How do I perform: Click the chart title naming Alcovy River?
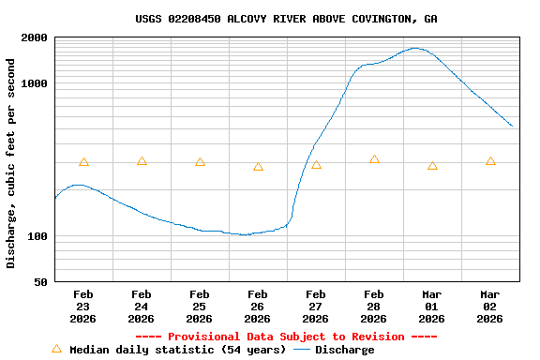286,19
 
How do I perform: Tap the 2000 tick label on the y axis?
35,37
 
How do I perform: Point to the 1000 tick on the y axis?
35,83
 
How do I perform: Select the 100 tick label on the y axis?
38,236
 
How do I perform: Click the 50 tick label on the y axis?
41,282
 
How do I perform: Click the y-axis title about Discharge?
11,163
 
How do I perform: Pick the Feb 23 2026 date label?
83,306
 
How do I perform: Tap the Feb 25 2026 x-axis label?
200,306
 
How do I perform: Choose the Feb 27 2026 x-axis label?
316,306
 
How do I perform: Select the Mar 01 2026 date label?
432,306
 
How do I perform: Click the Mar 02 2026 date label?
490,306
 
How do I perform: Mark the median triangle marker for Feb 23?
83,162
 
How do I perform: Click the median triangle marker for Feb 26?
258,166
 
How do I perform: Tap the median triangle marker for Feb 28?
374,159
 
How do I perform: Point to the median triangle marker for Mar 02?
490,161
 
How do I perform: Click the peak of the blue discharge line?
414,48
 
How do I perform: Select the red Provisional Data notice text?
286,337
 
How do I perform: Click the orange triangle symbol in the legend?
56,349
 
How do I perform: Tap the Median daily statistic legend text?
177,350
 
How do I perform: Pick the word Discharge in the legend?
344,350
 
